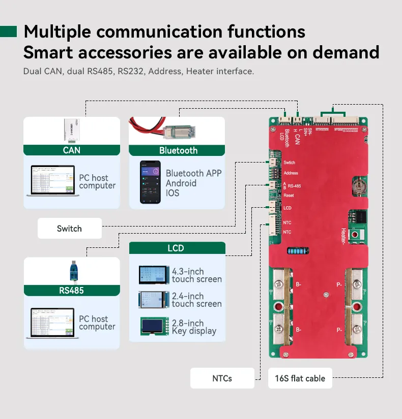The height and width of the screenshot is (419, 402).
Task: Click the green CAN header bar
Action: point(72,150)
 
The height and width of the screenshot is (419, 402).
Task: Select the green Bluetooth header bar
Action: point(177,150)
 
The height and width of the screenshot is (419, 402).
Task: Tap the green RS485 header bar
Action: point(71,291)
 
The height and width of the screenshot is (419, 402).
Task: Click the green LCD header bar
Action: point(177,248)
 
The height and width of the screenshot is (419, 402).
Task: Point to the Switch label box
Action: point(69,229)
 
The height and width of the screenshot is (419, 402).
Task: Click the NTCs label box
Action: point(222,378)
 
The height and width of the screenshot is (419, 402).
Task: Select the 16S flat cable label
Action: point(300,378)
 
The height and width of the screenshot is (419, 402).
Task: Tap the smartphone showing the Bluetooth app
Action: point(150,182)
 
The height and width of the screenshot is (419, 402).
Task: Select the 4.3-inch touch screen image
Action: point(154,275)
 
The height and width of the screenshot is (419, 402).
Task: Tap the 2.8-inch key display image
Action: point(154,327)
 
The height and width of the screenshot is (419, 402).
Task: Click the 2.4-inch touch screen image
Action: point(154,300)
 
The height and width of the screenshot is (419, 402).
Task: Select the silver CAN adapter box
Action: point(71,131)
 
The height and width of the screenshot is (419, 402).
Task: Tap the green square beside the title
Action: point(9,32)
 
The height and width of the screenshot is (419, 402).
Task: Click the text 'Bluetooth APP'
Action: point(193,173)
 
